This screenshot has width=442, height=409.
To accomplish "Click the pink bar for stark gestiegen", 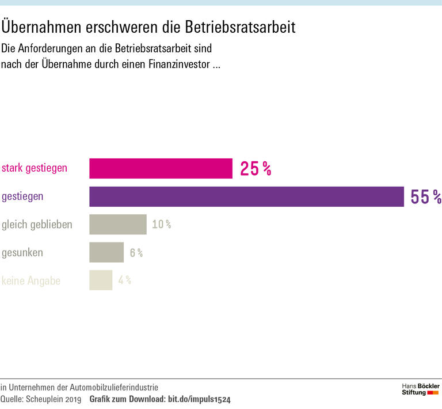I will pos(161,169).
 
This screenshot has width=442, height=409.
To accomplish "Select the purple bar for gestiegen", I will pos(246,196).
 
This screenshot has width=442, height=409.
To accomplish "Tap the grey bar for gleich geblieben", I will pos(118,224).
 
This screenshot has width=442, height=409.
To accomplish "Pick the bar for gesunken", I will pos(106,252).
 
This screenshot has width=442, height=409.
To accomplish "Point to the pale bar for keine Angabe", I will pos(101,280).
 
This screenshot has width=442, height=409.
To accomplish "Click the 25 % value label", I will pos(255,169).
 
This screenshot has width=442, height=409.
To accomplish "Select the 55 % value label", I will pos(425,197).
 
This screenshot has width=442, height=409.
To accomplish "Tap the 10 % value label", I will pos(161,225).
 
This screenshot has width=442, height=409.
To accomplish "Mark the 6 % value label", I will pos(136,253).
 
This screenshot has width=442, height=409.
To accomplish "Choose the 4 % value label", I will pos(124,281).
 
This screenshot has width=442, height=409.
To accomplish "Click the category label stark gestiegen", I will pos(35,168).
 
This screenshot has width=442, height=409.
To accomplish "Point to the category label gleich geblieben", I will pos(37,224).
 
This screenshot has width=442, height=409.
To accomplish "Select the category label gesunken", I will pos(22,252).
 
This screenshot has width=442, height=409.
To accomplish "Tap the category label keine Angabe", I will pos(31,281).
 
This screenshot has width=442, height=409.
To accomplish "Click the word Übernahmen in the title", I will pos(44,26).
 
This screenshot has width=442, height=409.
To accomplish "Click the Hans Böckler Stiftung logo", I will pos(420,389).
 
